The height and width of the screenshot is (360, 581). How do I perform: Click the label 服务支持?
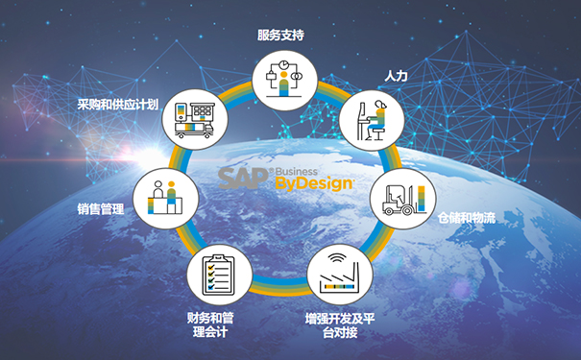point(281,36)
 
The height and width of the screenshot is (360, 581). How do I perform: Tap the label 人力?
point(396,74)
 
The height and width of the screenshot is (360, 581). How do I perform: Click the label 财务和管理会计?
point(214,324)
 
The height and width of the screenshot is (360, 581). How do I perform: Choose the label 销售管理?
point(101,207)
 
